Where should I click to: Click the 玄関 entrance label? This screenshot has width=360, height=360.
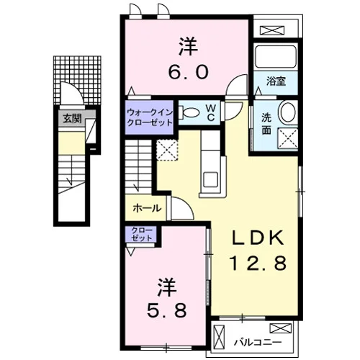(x=72, y=118)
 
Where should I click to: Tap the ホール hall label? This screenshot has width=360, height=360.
(x=147, y=208)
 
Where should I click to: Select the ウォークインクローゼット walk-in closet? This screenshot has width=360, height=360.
(x=149, y=117)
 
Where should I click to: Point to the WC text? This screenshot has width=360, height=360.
(x=211, y=112)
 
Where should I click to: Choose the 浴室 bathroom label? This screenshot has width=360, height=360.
(x=276, y=81)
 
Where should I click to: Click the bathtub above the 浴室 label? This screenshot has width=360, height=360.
(x=276, y=56)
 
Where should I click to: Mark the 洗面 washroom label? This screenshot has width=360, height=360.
(x=266, y=124)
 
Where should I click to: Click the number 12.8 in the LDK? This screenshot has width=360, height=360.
(x=258, y=263)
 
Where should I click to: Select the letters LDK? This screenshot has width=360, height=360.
(x=258, y=238)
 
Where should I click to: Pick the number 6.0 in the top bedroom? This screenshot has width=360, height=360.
(x=188, y=72)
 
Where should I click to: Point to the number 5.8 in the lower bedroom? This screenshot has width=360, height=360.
(x=167, y=310)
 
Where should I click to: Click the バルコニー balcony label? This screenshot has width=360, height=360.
(x=258, y=342)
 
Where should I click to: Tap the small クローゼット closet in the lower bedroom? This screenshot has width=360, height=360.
(x=142, y=234)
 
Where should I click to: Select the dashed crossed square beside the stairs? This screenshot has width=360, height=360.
(x=167, y=150)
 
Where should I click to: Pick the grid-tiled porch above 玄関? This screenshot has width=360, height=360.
(x=77, y=80)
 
